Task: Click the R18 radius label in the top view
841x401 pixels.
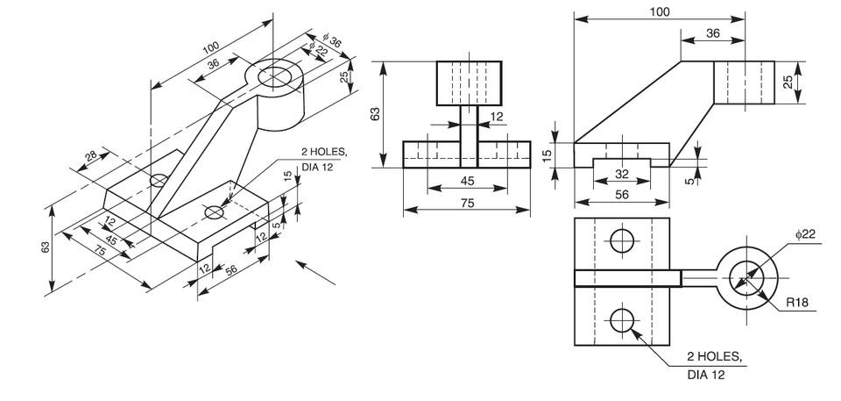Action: pos(797,303)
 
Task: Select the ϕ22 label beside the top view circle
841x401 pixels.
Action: pos(806,233)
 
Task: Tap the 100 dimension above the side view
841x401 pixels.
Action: pos(660,11)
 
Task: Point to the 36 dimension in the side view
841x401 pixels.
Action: pos(712,33)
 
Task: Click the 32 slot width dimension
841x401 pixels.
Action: pos(621,174)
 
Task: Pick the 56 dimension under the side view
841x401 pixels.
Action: pos(621,195)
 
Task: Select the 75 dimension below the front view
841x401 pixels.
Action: pos(466,202)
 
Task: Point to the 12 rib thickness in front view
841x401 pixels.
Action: pos(497,116)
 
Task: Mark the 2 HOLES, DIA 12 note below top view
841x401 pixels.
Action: pos(714,365)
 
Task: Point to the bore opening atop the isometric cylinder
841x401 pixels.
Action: pos(277,75)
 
